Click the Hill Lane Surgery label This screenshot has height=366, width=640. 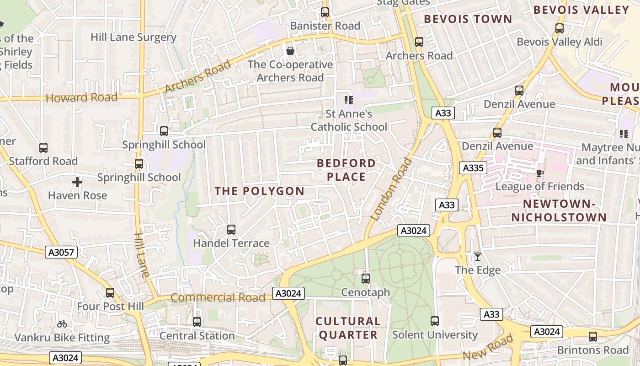coord(133,38)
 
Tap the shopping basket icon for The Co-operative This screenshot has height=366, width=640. coord(290,51)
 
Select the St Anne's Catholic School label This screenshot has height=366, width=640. coord(349,120)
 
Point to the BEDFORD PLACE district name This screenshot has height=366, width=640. coord(346,170)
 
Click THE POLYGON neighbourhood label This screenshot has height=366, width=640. coord(260,191)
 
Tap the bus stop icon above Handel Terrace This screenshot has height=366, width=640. coord(231,229)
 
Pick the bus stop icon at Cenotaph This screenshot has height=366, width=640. coord(366,278)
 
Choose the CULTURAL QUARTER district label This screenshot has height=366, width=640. coord(348,328)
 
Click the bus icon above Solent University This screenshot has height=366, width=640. coord(435,321)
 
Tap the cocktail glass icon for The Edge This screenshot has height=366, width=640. coord(478,256)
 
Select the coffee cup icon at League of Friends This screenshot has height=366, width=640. coord(539,172)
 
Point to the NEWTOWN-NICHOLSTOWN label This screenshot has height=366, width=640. coord(559,210)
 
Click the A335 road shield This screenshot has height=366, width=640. coord(473,168)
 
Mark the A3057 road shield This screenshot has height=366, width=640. coord(62,252)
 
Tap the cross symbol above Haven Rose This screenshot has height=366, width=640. coord(77,182)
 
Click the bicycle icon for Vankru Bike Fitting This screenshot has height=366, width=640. coord(62,324)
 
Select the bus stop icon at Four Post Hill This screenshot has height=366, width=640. coord(110,293)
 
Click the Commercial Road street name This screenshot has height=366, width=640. coord(218,298)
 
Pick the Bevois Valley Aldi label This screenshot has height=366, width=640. coord(560,42)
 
